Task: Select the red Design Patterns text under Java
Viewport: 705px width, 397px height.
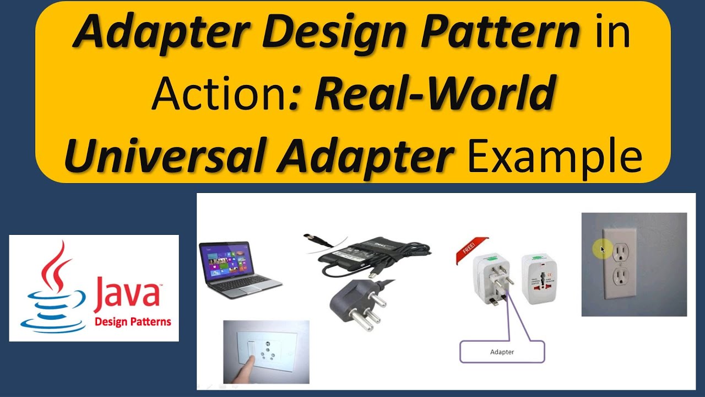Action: click(x=133, y=321)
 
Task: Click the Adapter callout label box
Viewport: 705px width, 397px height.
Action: click(x=502, y=351)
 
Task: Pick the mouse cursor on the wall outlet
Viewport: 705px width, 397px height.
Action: click(x=603, y=250)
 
